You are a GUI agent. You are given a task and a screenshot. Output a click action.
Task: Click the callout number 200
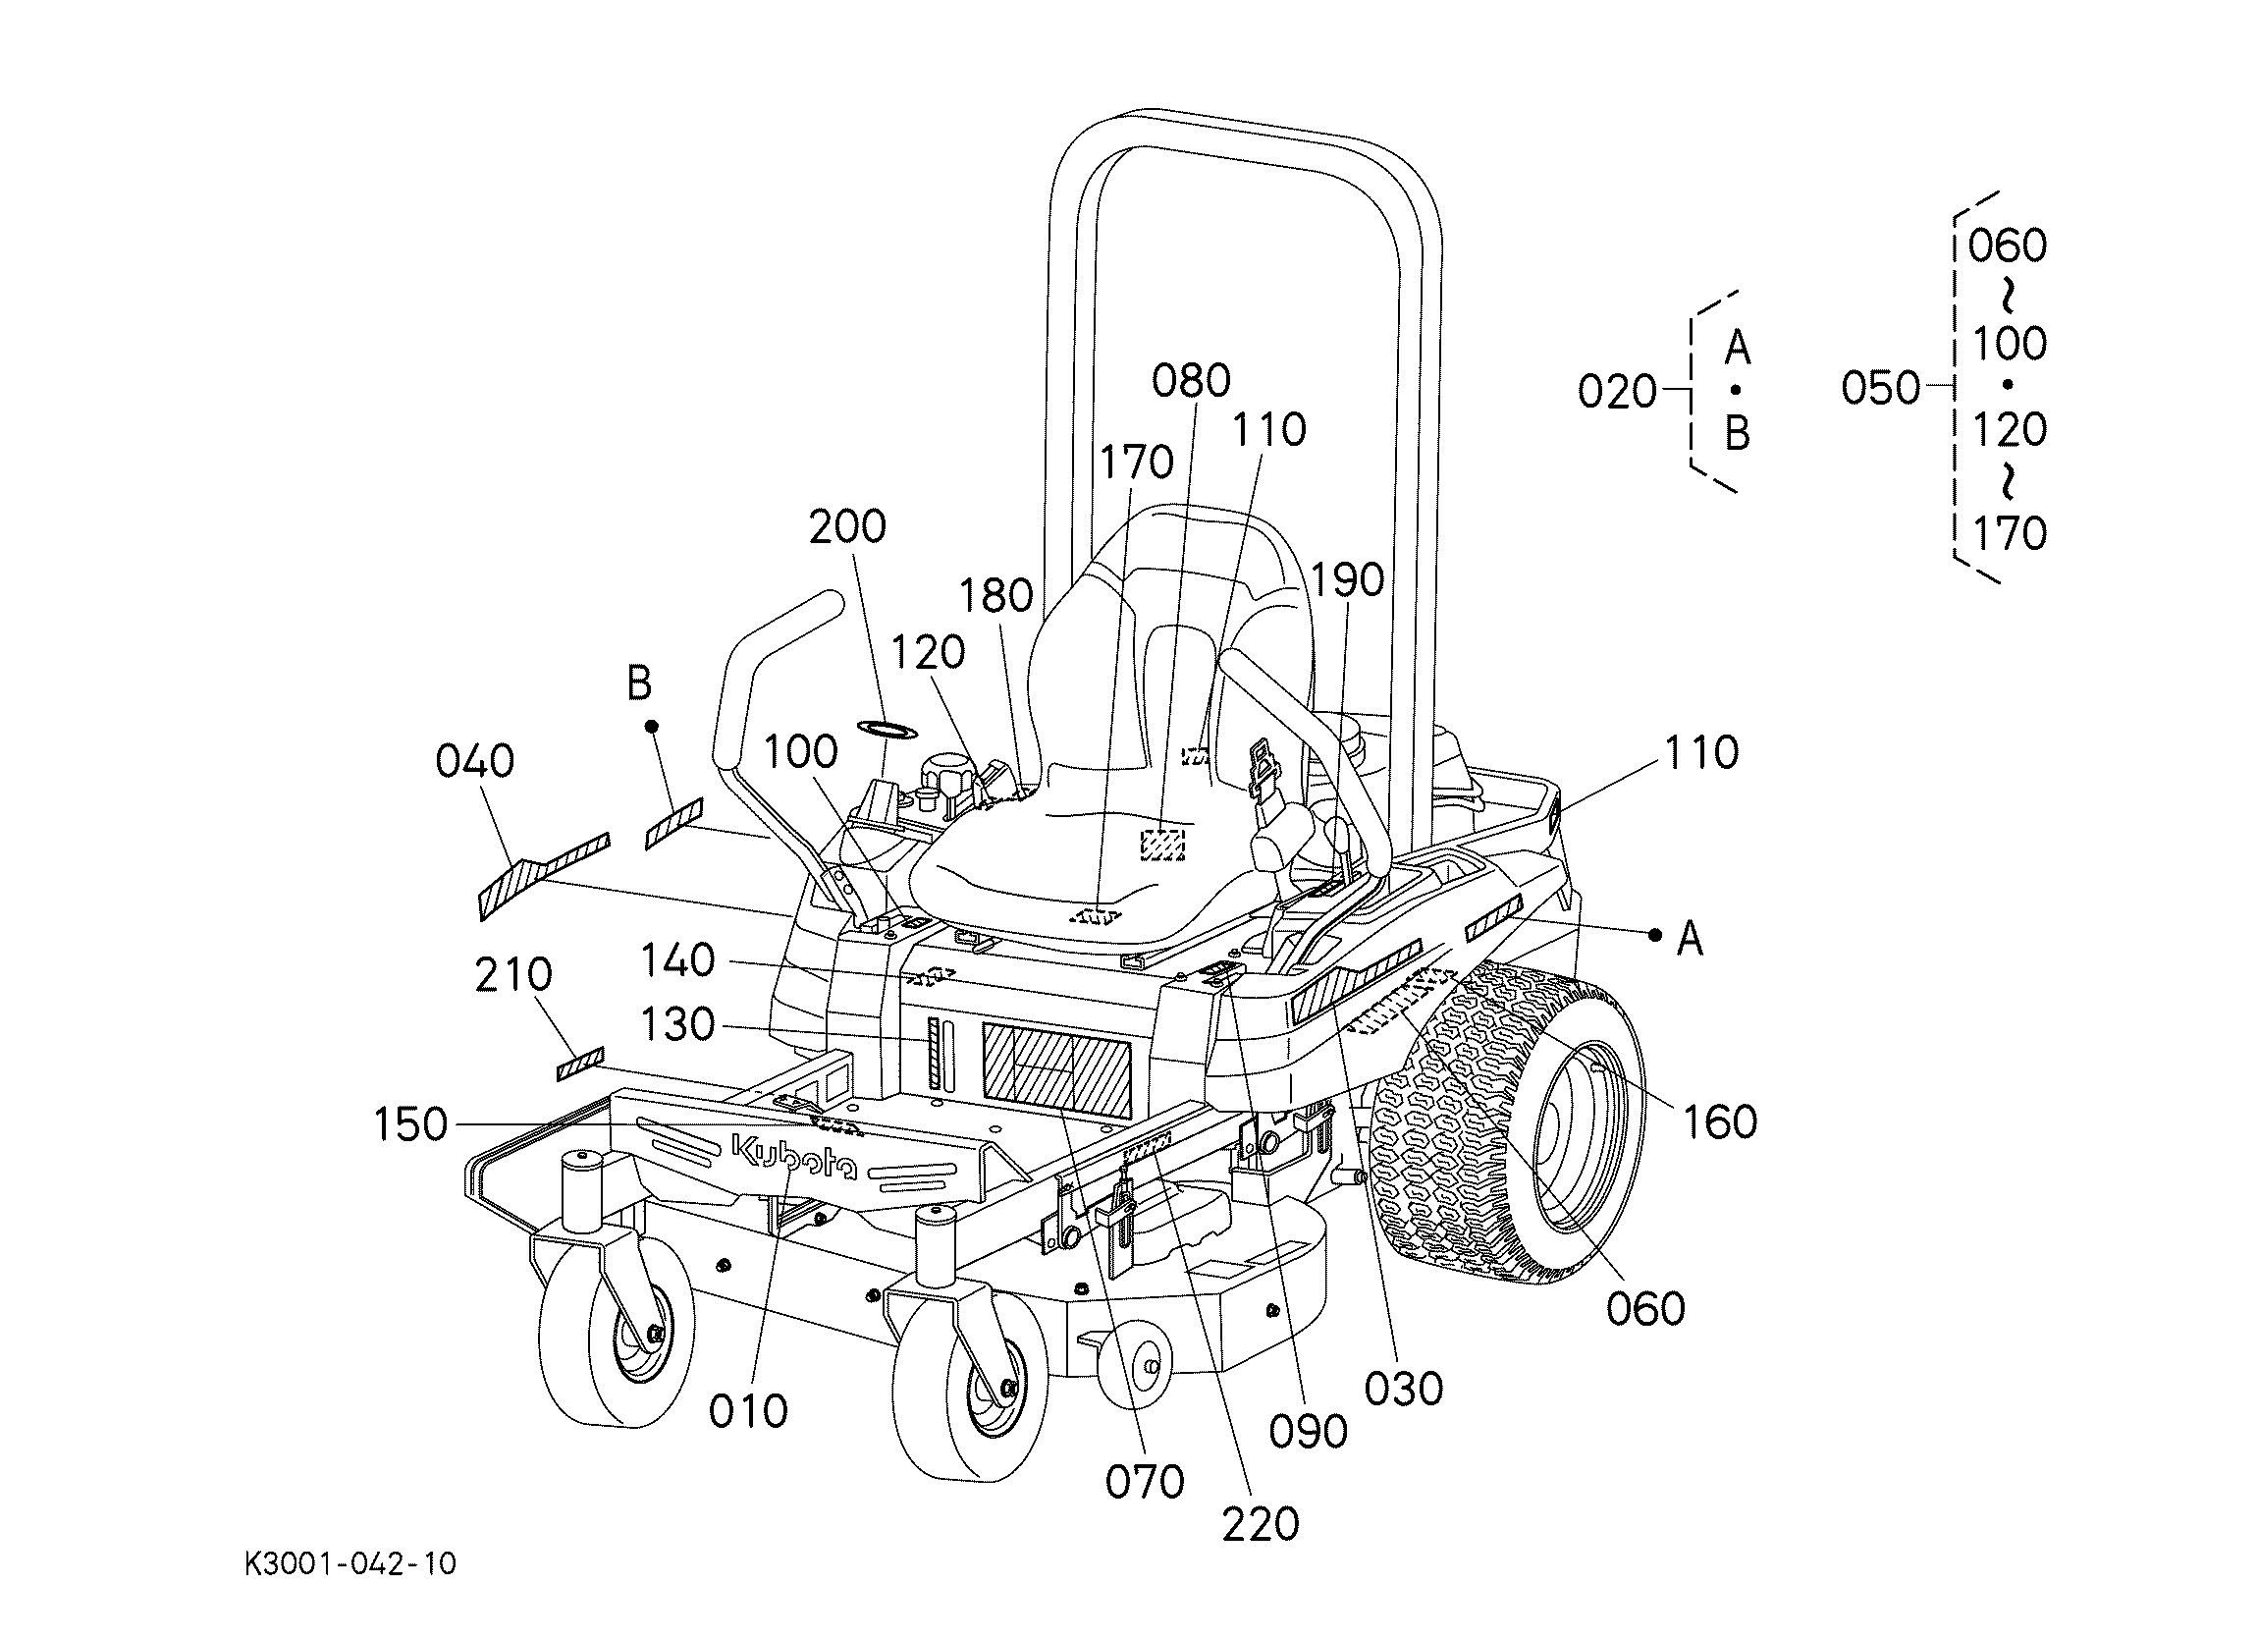coord(847,526)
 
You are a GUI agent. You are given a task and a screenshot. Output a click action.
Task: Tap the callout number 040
coord(475,762)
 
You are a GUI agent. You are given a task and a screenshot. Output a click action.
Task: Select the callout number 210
coord(513,975)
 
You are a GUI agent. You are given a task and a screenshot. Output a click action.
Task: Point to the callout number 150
coord(410,1125)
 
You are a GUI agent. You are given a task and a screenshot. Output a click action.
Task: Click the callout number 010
coord(748,1411)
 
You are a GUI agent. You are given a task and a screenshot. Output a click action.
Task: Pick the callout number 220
coord(1261,1524)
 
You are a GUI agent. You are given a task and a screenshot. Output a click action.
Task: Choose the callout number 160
coord(1719,1122)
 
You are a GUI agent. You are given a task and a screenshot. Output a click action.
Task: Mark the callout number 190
coord(1347,580)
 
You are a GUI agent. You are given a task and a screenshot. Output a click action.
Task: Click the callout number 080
coord(1192,380)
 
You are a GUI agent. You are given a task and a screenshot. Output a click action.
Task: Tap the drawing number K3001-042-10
coord(350,1563)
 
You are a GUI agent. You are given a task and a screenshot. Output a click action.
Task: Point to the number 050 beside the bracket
coord(1881,388)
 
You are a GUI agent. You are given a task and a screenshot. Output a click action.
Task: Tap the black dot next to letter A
coord(1654,934)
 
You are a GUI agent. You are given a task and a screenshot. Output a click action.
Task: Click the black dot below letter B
coord(652,726)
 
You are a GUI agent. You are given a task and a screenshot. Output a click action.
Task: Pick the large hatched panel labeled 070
coord(1056,1069)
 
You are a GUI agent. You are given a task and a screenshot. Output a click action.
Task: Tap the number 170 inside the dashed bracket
coord(2009,534)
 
